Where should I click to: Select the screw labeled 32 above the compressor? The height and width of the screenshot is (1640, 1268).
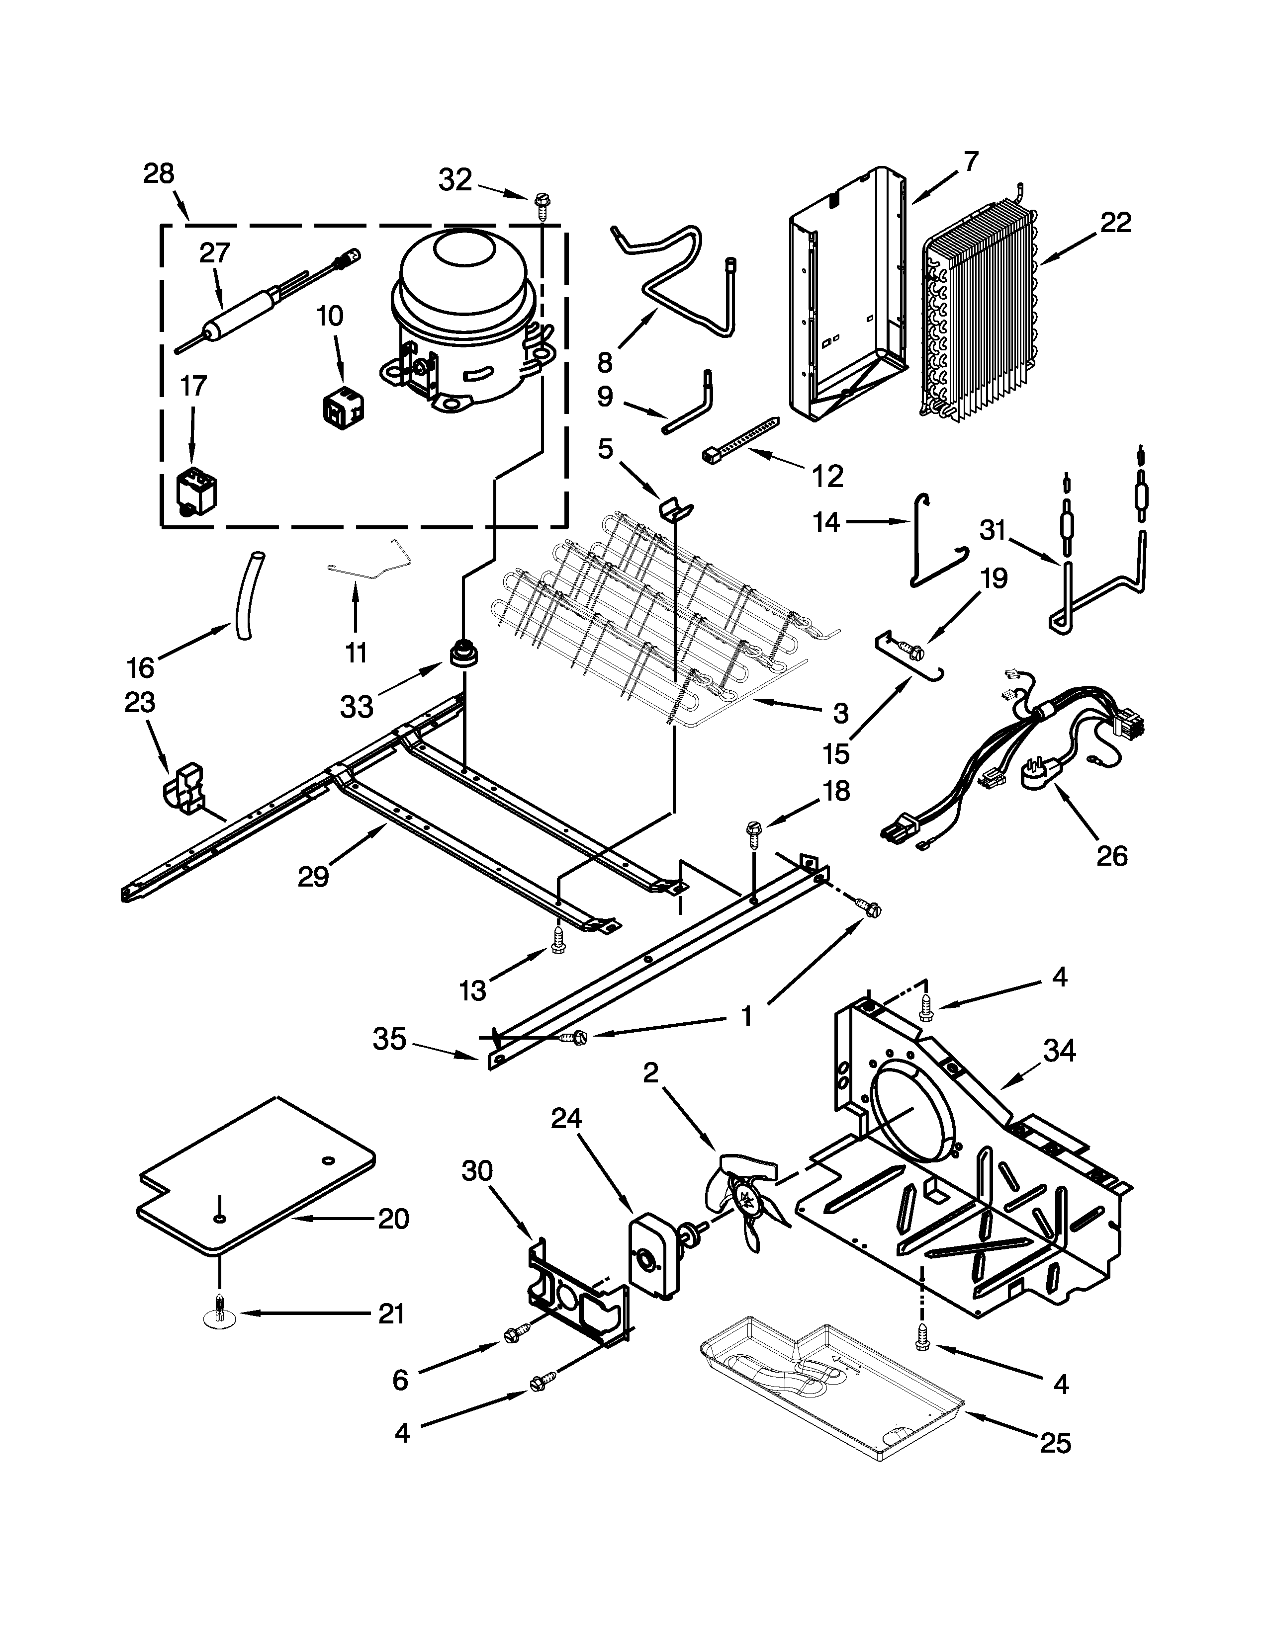540,203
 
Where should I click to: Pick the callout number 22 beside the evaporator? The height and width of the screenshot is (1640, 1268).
1115,223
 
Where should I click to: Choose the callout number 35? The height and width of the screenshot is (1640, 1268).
389,1039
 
